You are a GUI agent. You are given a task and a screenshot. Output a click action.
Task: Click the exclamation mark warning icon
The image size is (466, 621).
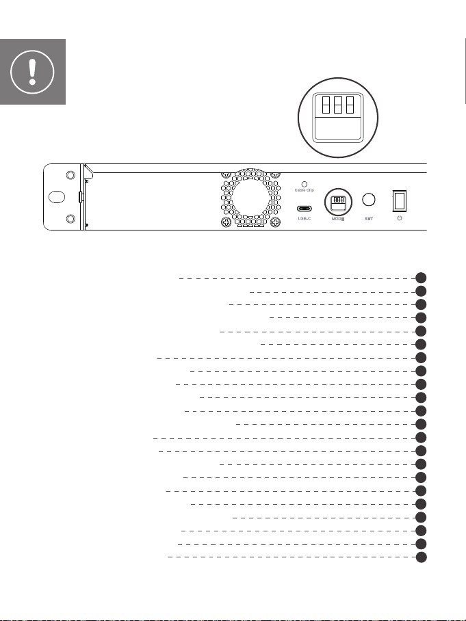coord(32,71)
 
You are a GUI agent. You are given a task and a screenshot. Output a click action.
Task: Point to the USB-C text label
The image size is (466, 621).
coord(305,220)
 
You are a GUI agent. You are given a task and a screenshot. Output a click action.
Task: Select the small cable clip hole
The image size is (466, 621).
coord(304,183)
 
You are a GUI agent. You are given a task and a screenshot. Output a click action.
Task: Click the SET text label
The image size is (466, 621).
coord(369,220)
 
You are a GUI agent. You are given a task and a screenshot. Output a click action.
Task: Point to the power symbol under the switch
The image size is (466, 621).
coord(400,220)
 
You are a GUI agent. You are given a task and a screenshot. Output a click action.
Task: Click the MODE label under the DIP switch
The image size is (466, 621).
coord(337,220)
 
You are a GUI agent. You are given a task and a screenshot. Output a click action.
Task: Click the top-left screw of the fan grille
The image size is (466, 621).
coord(226,176)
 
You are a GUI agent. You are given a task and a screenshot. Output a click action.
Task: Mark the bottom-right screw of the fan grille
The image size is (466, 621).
coord(274,223)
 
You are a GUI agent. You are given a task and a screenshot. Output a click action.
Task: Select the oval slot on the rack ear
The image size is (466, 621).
coord(56,197)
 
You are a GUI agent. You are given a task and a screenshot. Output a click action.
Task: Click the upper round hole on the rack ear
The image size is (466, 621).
coord(70,174)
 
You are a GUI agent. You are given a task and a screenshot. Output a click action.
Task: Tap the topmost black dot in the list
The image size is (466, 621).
coord(422,278)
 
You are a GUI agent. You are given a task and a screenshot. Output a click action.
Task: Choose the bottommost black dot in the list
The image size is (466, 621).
coord(422,557)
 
